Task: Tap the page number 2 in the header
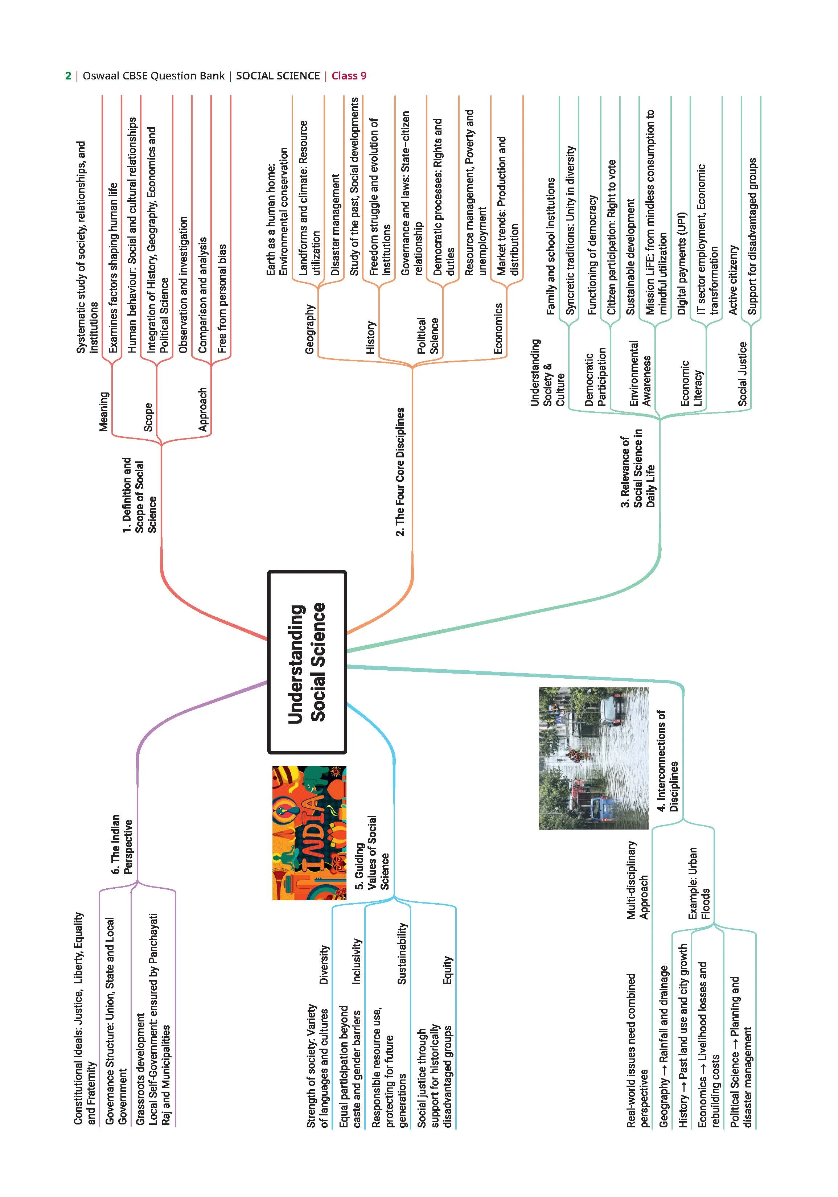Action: pyautogui.click(x=68, y=76)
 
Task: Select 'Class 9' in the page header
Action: pyautogui.click(x=349, y=76)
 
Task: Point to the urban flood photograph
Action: pyautogui.click(x=594, y=758)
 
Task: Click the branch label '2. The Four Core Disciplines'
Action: pyautogui.click(x=400, y=472)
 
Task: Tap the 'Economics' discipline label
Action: pyautogui.click(x=498, y=328)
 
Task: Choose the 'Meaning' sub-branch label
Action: pyautogui.click(x=104, y=411)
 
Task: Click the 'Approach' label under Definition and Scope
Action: pyautogui.click(x=203, y=409)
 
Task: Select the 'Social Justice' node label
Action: pyautogui.click(x=743, y=374)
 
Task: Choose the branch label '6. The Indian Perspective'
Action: pyautogui.click(x=122, y=844)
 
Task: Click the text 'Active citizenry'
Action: pyautogui.click(x=733, y=280)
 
